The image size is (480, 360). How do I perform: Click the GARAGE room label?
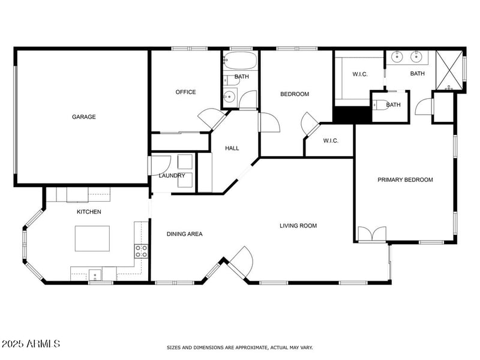84,117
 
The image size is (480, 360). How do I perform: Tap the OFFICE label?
185,92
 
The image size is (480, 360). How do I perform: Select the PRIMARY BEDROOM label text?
405,179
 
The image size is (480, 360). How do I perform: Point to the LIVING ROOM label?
298,226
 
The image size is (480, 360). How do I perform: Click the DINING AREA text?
184,234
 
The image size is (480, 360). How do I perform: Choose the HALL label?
232,148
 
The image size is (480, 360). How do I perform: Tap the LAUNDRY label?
172,176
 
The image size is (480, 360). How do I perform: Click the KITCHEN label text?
89,212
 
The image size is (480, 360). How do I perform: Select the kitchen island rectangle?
92,238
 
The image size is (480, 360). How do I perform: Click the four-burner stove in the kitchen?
141,251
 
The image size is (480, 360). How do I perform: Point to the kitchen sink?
95,275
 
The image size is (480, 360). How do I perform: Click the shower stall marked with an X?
449,71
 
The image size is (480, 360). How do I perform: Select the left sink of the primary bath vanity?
397,58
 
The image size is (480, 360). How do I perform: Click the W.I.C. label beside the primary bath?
360,74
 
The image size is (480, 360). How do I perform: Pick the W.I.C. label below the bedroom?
331,141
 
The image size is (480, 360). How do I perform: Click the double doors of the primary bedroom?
373,234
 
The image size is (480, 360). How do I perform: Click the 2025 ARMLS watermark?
31,344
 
